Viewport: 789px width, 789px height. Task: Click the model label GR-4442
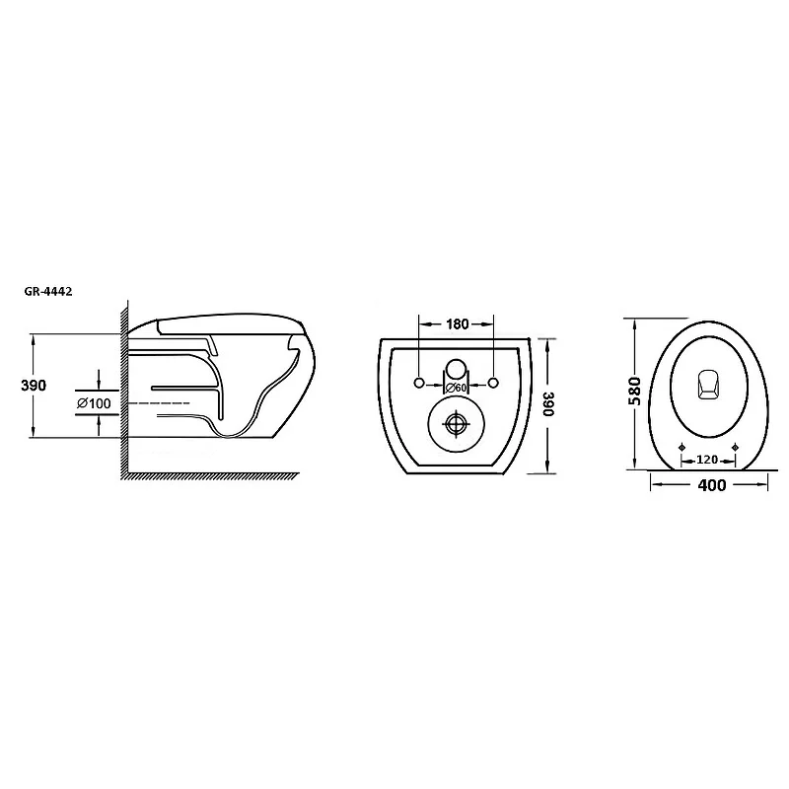click(48, 291)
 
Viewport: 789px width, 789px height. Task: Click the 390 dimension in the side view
click(34, 386)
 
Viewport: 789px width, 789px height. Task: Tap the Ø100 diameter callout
click(94, 403)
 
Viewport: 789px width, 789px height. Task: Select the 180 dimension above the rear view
click(457, 324)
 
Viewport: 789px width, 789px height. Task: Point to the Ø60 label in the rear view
click(457, 388)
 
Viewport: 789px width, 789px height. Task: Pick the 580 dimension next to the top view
click(635, 391)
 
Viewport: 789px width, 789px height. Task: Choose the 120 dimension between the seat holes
click(707, 460)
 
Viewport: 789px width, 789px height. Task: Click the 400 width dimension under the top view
click(711, 485)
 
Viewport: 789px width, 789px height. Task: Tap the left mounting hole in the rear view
click(418, 383)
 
